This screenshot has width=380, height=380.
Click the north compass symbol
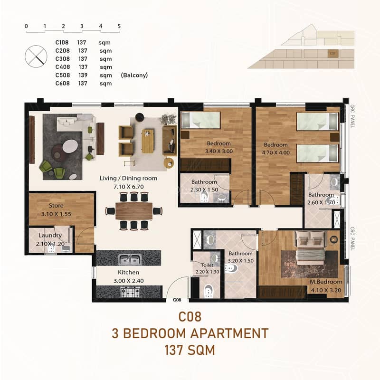(36, 57)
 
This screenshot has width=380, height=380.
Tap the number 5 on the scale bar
(119, 26)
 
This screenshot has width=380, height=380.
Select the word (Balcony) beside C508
(134, 75)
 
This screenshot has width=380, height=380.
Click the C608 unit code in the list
(63, 84)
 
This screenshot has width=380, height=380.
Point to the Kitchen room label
(128, 272)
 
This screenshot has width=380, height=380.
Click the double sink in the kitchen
(130, 259)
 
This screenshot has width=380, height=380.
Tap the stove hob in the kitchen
(130, 292)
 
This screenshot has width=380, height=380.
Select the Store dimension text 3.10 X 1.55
(56, 214)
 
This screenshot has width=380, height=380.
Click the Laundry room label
(50, 235)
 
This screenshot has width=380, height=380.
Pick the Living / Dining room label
(128, 179)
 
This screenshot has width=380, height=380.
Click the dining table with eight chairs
(134, 211)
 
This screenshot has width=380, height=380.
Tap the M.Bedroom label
(326, 282)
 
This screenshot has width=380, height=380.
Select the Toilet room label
(207, 265)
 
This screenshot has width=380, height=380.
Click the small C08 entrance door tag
(177, 300)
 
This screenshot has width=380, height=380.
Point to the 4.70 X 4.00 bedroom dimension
(276, 152)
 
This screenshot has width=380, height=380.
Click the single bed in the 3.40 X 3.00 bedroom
(201, 120)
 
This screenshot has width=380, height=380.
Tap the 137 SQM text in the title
(190, 350)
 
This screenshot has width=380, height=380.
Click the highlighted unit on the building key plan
(333, 53)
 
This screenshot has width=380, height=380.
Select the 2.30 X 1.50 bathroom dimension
(204, 190)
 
